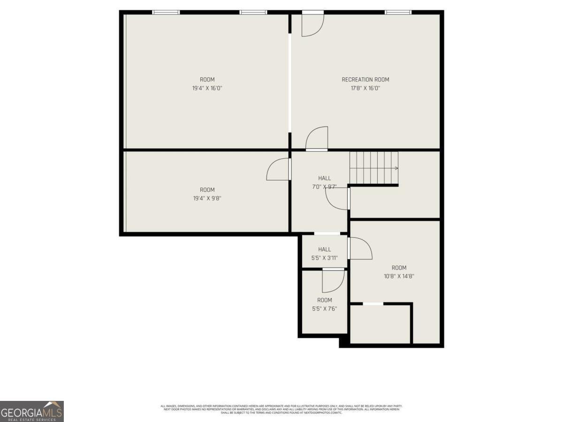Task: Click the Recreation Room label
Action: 365,80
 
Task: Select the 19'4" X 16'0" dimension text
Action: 207,88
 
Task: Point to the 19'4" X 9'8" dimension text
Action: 207,198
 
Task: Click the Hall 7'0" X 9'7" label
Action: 324,178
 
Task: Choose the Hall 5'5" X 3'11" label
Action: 324,249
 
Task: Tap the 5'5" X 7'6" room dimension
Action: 324,309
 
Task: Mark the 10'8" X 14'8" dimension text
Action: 399,276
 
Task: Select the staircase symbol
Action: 373,168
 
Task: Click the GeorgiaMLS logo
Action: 31,411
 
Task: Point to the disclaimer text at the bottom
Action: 281,409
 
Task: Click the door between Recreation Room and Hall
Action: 317,139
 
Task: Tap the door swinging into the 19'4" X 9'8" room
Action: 279,169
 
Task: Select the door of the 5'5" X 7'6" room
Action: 333,280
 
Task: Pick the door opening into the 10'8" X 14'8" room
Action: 360,248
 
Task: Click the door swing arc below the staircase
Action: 337,199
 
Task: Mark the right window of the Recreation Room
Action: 398,12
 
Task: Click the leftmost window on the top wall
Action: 166,12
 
